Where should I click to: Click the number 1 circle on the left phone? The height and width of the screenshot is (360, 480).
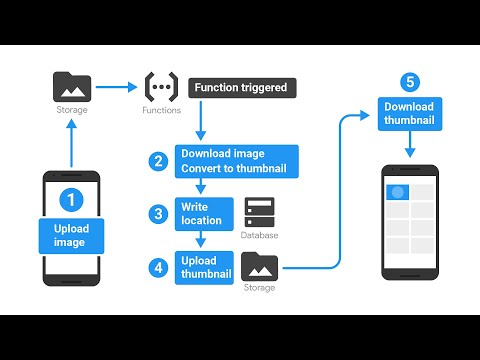(70, 200)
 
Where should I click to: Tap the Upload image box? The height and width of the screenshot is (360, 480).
(70, 236)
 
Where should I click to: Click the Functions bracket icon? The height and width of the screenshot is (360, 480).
(162, 86)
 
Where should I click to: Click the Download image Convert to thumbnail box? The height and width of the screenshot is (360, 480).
(232, 161)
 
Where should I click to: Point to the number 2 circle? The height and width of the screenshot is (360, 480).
(157, 161)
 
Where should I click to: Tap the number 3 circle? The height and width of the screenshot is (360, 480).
(157, 213)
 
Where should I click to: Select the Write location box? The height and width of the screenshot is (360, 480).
(203, 212)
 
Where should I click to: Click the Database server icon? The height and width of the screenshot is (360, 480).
(259, 211)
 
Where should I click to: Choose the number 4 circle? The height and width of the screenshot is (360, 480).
(157, 267)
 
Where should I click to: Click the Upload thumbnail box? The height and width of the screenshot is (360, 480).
(204, 267)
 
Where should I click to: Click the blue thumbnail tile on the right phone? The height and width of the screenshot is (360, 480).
(396, 190)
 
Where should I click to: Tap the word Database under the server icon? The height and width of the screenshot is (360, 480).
(259, 236)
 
